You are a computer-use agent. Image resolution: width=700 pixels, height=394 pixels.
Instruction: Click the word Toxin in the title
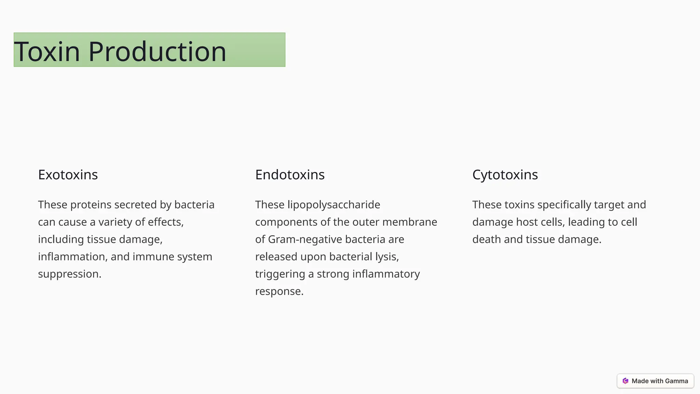47,51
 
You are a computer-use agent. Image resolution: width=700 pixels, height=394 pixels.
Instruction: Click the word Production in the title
157,51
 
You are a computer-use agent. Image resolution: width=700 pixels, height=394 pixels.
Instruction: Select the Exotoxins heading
68,175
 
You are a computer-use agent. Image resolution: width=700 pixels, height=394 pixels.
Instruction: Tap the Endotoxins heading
290,175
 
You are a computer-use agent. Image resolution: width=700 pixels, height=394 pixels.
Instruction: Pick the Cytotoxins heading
505,175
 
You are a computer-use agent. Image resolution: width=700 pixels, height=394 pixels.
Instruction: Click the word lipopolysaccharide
334,205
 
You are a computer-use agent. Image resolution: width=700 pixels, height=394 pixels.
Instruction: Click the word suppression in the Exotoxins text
69,274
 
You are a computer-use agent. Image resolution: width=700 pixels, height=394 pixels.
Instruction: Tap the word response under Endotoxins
279,291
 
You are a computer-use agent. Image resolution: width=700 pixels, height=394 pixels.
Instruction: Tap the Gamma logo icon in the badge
625,381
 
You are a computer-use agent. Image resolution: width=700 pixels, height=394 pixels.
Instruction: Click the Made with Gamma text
660,381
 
